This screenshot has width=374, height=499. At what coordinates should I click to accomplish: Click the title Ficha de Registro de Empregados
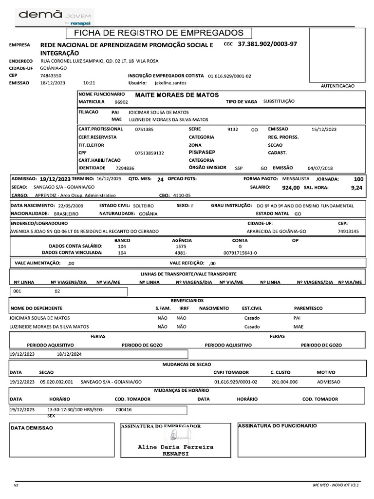click(158, 33)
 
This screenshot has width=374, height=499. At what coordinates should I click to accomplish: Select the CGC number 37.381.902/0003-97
click(267, 44)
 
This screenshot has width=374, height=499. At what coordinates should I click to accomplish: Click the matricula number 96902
click(121, 102)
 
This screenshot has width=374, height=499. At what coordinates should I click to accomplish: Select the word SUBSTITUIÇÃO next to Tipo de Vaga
click(279, 102)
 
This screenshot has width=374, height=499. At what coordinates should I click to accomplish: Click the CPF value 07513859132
click(150, 153)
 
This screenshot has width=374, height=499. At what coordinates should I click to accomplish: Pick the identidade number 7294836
click(125, 168)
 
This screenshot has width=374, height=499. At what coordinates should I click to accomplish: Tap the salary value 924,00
click(291, 187)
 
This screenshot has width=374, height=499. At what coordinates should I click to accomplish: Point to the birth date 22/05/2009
click(71, 206)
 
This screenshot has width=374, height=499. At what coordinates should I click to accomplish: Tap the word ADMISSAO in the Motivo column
click(329, 382)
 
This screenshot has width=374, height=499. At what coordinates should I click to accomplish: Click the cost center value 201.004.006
click(284, 382)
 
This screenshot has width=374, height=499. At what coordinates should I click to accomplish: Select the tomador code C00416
click(124, 410)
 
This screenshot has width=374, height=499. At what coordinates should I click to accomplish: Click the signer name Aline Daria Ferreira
click(175, 446)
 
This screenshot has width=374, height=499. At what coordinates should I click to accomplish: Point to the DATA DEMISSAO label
click(32, 428)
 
